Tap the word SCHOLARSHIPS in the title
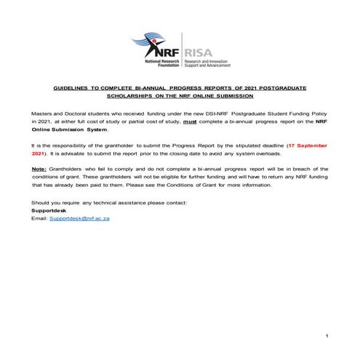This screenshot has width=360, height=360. point(129,95)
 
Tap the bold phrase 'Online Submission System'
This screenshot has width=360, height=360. point(70,130)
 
